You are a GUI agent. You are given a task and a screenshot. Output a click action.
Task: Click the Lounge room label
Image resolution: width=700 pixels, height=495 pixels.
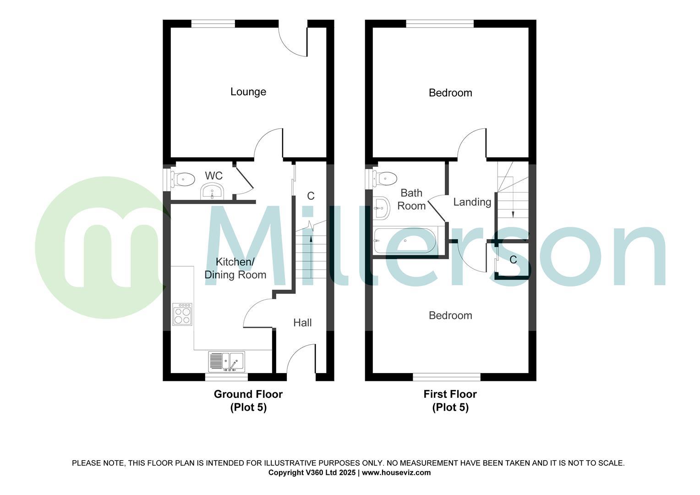(x=248, y=92)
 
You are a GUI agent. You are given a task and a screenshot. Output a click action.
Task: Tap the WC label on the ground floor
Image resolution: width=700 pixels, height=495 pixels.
(x=213, y=176)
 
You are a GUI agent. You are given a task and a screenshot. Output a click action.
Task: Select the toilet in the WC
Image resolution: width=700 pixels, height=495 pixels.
(x=183, y=179)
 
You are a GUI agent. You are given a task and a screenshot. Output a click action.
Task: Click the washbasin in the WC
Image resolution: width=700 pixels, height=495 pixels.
(x=212, y=191)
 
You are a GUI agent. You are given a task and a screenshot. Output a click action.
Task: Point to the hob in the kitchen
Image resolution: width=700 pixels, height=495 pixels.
(x=182, y=314)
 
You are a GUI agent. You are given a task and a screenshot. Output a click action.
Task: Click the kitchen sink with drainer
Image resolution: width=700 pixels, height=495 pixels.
(x=226, y=361)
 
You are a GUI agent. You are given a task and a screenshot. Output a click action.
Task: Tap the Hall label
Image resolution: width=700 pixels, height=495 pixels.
(x=302, y=323)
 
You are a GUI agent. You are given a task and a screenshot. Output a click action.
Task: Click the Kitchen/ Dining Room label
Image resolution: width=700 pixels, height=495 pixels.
(x=235, y=269)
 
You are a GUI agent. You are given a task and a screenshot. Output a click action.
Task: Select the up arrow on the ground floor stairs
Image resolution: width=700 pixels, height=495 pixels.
(x=312, y=238)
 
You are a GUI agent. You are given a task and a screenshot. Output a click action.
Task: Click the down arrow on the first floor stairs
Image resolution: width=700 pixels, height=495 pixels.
(x=513, y=214)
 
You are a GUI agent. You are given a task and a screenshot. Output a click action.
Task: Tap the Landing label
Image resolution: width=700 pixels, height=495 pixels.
(x=472, y=202)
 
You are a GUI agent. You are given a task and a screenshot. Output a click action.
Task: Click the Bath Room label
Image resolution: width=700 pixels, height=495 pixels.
(x=411, y=199)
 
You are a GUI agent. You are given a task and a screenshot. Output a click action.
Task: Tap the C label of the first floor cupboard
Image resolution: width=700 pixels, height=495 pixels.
(x=513, y=260)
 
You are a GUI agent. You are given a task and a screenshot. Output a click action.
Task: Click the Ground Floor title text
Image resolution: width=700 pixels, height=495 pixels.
(x=248, y=394)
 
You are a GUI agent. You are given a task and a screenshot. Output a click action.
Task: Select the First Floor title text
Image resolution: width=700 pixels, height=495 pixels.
(x=450, y=394)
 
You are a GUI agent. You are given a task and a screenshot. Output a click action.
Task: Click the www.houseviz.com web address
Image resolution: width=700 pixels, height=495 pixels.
(x=396, y=473)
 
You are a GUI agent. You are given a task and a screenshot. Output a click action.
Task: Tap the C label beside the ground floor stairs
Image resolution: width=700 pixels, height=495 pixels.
(x=311, y=196)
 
